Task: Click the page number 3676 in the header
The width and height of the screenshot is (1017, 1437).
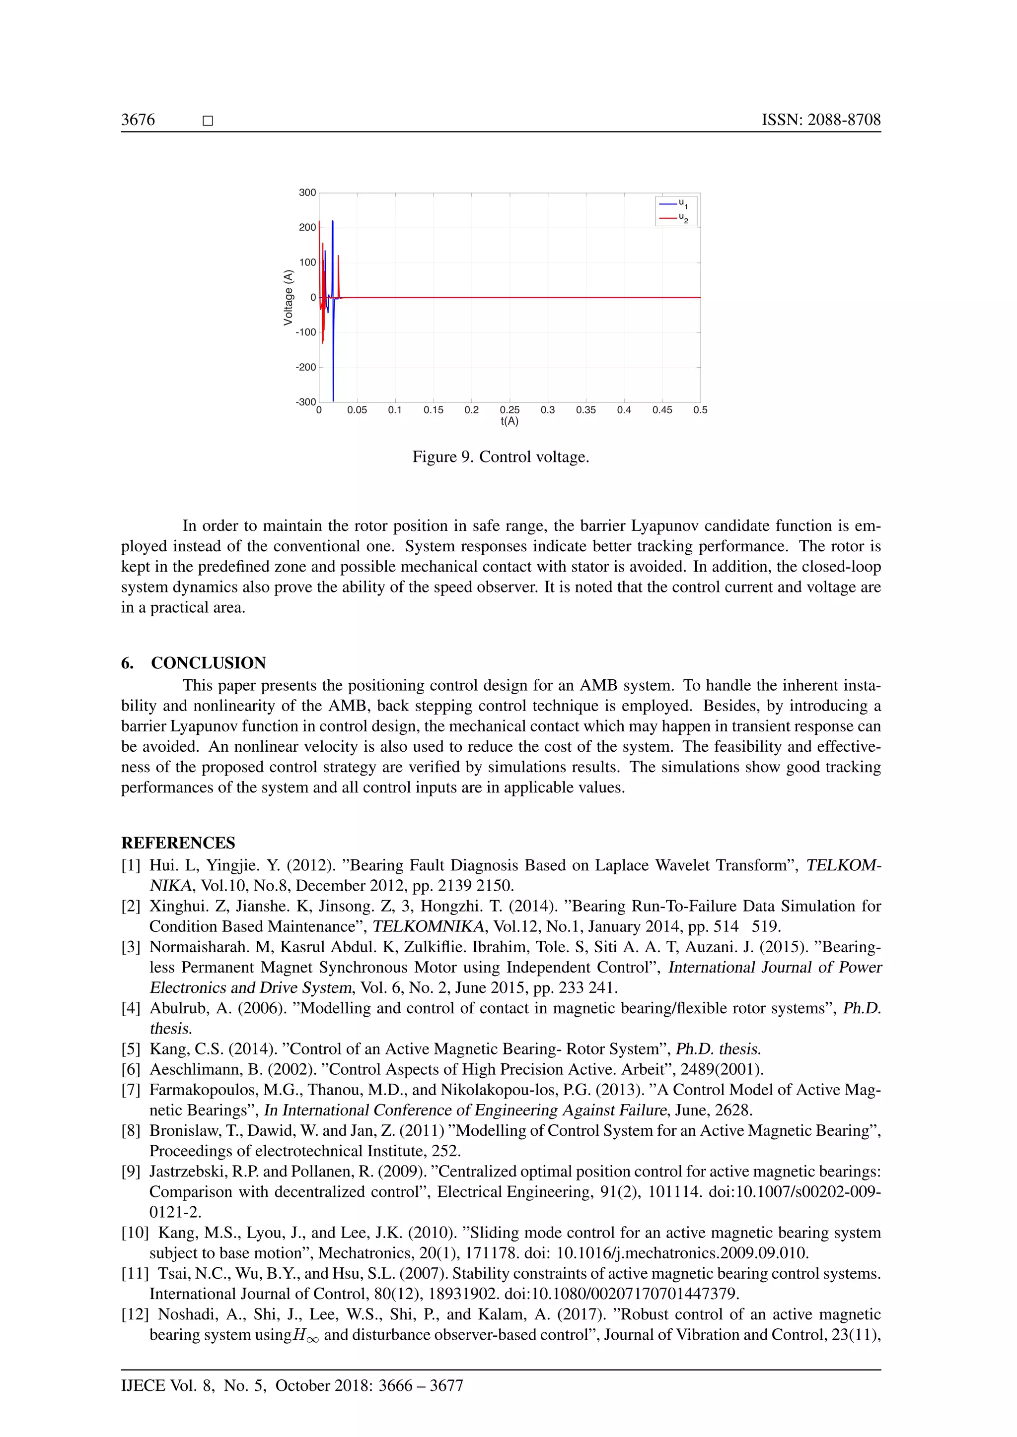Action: coord(138,120)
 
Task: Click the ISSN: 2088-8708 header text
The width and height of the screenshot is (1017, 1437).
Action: coord(820,120)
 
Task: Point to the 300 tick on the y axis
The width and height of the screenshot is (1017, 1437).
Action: coord(307,193)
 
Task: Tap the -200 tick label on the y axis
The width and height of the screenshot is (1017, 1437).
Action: coord(305,367)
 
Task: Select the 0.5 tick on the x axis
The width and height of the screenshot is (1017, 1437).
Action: coord(700,410)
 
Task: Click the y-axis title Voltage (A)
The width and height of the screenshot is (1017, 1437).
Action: coord(288,297)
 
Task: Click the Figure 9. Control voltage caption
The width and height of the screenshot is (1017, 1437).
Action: coord(501,457)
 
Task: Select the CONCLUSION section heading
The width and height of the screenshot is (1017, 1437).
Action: coord(208,663)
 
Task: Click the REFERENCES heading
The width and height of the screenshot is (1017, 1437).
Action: coord(178,843)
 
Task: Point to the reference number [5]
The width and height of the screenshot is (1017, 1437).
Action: coord(131,1049)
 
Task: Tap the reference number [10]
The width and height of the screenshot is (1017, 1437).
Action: coord(135,1233)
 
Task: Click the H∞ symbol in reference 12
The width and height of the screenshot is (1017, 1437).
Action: coord(305,1336)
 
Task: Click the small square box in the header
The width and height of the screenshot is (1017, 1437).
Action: coord(208,121)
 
